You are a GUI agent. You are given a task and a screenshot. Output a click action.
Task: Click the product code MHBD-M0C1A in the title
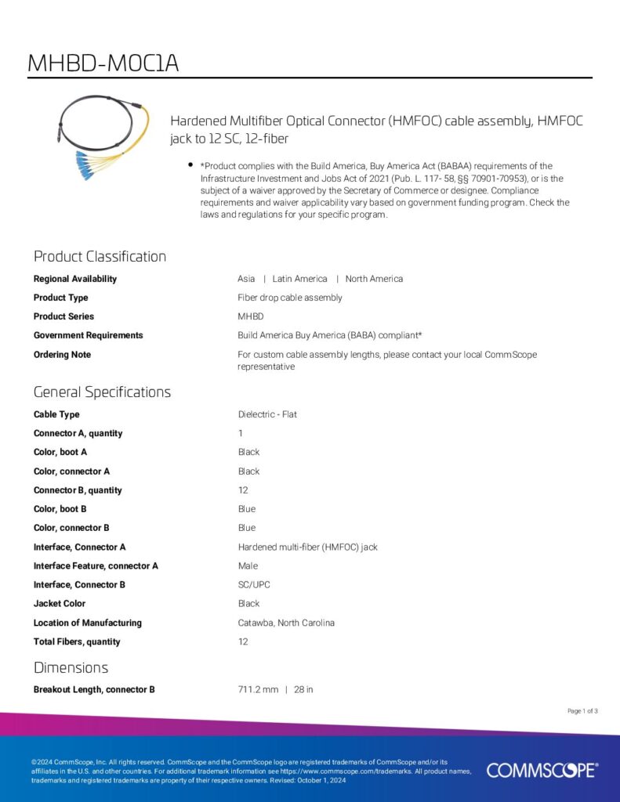(x=103, y=63)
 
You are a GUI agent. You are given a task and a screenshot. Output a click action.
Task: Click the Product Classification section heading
(x=100, y=256)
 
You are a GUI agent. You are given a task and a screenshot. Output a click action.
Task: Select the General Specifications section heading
(x=102, y=392)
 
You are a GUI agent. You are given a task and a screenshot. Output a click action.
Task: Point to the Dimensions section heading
(x=71, y=667)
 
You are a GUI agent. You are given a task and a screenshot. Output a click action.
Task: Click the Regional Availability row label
(x=75, y=279)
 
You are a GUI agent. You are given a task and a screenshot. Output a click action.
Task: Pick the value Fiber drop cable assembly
(x=290, y=298)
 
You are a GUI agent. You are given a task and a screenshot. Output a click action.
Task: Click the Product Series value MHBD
(x=251, y=316)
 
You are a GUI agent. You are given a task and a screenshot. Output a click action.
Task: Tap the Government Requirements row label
(x=88, y=335)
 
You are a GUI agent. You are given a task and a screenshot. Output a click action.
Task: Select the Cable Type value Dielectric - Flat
(x=267, y=414)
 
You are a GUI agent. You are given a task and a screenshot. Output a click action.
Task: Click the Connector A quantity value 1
(x=241, y=433)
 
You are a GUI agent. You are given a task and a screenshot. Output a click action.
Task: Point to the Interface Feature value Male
(x=248, y=565)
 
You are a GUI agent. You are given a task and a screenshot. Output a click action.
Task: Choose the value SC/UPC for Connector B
(x=254, y=584)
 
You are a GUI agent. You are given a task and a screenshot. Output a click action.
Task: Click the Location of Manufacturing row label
(x=88, y=623)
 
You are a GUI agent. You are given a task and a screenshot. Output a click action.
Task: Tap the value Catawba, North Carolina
(x=286, y=623)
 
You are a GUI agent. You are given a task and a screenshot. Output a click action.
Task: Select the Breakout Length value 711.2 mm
(x=258, y=689)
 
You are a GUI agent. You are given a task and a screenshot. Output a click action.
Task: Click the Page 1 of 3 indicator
(x=582, y=711)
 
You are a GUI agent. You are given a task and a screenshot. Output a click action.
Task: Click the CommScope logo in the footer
(x=542, y=770)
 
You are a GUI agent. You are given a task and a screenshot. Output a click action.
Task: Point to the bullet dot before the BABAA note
(x=190, y=165)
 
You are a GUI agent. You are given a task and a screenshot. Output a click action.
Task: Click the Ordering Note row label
(x=62, y=355)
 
